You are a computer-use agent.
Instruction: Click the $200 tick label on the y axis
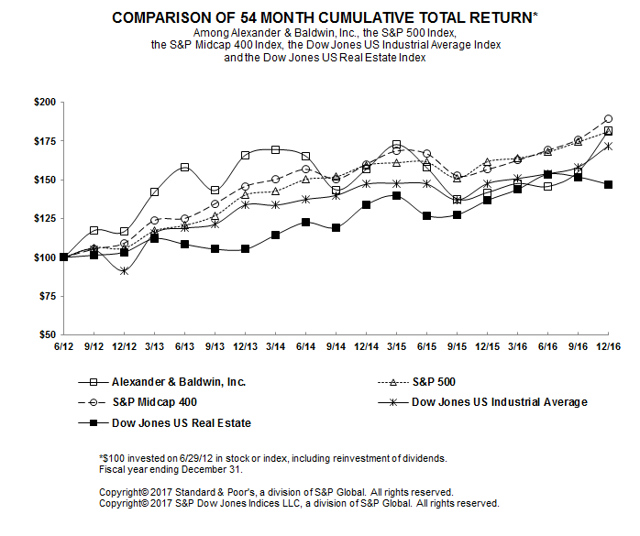click(42, 103)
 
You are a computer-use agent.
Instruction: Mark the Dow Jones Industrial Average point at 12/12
click(124, 271)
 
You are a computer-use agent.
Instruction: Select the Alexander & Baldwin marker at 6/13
click(184, 168)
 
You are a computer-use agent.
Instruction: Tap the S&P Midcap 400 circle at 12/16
click(608, 119)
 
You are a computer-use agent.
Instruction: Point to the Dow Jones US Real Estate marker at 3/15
click(396, 195)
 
